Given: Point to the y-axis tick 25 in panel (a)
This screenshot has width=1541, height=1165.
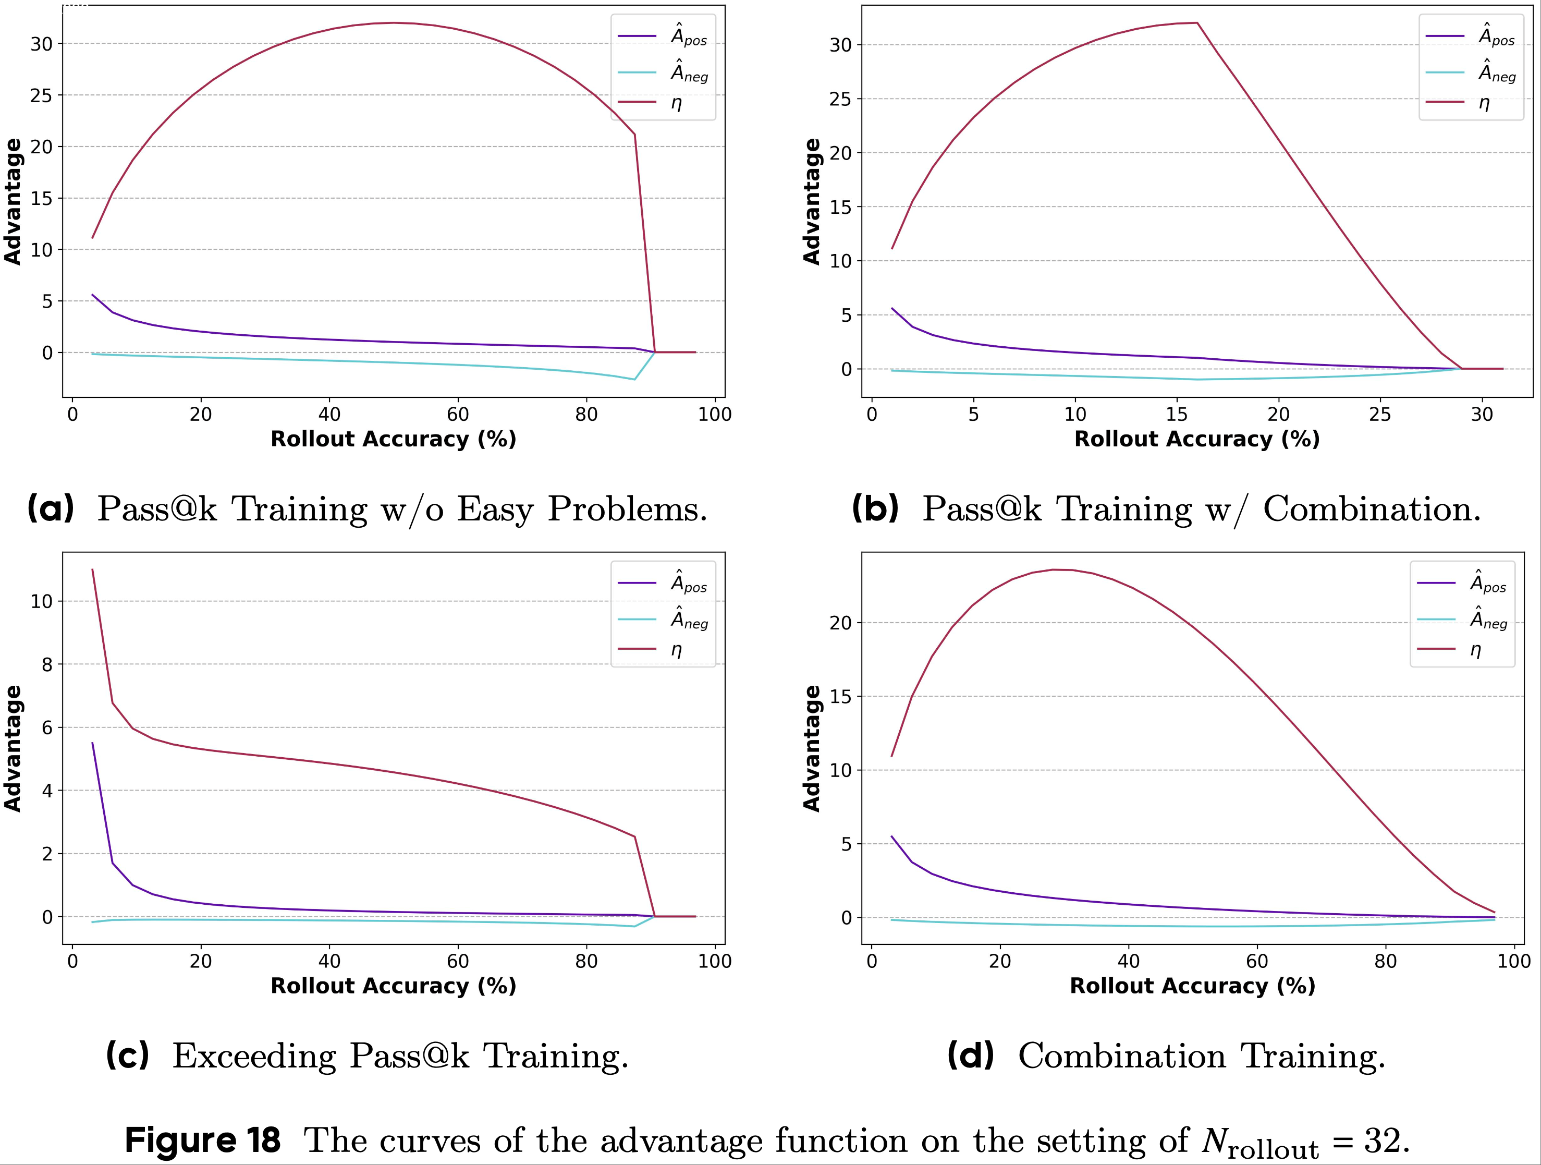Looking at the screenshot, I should [x=41, y=95].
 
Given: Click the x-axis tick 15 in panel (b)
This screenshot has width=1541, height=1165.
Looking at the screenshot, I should [x=1177, y=415].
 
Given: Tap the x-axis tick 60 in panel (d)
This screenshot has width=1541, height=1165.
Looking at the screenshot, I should [x=1257, y=962].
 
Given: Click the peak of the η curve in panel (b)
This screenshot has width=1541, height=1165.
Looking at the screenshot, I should [x=1197, y=23].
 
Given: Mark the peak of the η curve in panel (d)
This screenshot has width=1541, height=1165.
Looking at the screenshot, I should [x=1054, y=570].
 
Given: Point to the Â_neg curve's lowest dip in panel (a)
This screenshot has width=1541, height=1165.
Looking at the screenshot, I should [x=634, y=379].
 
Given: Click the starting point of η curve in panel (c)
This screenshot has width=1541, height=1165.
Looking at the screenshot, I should [x=93, y=570].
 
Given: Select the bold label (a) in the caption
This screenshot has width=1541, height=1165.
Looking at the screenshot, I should [x=50, y=508].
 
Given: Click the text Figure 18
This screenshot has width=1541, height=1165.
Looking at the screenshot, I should [x=202, y=1140].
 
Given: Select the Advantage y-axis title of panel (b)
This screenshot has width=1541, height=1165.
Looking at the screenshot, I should [x=812, y=201].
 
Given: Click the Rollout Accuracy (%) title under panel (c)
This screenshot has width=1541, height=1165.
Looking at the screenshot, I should [x=393, y=986].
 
